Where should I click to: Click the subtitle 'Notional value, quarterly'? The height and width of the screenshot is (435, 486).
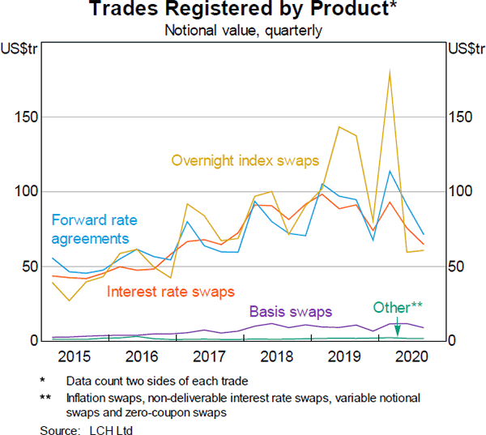pyautogui.click(x=243, y=32)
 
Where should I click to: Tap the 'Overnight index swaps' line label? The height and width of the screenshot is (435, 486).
pyautogui.click(x=245, y=160)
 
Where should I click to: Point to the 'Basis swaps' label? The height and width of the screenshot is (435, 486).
pyautogui.click(x=290, y=310)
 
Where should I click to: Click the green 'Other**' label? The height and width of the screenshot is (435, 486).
pyautogui.click(x=399, y=307)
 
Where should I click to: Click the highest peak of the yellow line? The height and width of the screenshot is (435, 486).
pyautogui.click(x=390, y=72)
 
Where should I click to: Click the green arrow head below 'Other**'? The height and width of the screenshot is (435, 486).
pyautogui.click(x=397, y=332)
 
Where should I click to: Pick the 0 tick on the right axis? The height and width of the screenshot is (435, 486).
pyautogui.click(x=453, y=341)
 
